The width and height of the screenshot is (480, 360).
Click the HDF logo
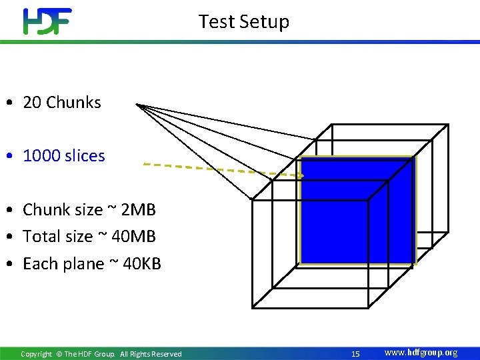point(47,21)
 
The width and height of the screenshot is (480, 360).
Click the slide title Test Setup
point(243,21)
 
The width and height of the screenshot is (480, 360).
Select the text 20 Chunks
point(62,103)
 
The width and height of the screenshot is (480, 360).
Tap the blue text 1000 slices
point(64,156)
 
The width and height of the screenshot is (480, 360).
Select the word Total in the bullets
point(41,237)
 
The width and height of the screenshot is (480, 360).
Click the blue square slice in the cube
point(357,210)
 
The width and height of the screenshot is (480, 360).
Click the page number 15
point(355,354)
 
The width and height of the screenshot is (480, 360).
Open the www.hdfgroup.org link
point(421,353)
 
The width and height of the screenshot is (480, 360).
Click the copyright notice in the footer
point(101,354)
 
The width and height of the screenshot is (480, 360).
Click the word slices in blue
point(83,156)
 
